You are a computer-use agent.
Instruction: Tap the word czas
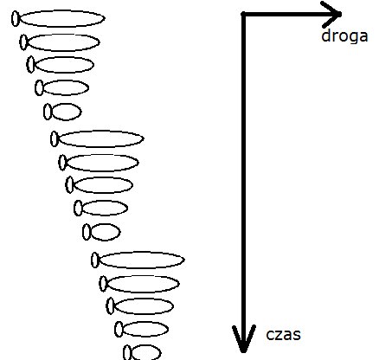click(283, 335)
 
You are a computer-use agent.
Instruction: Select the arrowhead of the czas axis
click(244, 338)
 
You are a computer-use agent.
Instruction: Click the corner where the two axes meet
click(244, 14)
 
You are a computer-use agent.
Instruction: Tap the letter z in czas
click(279, 335)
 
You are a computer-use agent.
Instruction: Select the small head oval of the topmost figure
click(16, 18)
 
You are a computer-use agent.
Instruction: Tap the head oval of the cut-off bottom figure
click(127, 352)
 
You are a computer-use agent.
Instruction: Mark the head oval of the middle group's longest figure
click(55, 138)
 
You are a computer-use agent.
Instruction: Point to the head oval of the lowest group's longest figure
click(95, 260)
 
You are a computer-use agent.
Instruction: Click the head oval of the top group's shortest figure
click(48, 112)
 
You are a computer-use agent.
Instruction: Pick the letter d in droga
click(325, 35)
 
